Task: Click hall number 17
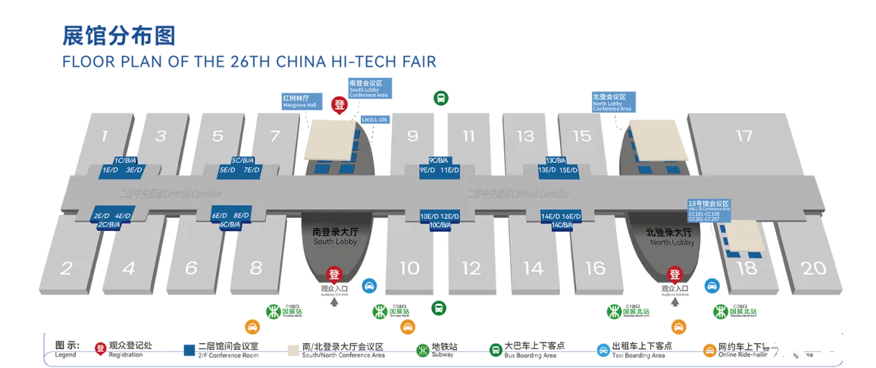pyautogui.click(x=744, y=136)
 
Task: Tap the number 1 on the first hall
pyautogui.click(x=104, y=136)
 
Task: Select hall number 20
pyautogui.click(x=814, y=268)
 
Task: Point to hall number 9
pyautogui.click(x=412, y=136)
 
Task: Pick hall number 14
pyautogui.click(x=534, y=268)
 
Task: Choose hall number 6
pyautogui.click(x=191, y=268)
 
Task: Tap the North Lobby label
pyautogui.click(x=669, y=236)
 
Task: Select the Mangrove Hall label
pyautogui.click(x=299, y=100)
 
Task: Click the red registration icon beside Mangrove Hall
pyautogui.click(x=339, y=104)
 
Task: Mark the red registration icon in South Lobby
pyautogui.click(x=334, y=275)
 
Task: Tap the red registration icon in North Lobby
pyautogui.click(x=675, y=275)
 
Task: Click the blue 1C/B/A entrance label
pyautogui.click(x=125, y=160)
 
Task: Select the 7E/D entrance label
pyautogui.click(x=252, y=170)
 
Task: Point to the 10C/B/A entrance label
pyautogui.click(x=439, y=225)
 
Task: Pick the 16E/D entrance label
pyautogui.click(x=572, y=216)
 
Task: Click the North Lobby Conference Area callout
pyautogui.click(x=612, y=102)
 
